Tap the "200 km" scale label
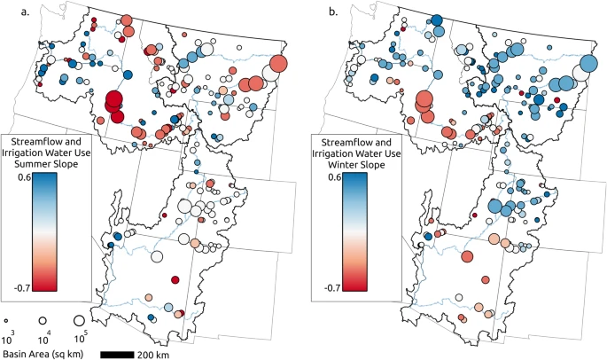pos(152,353)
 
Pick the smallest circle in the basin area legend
pos(6,320)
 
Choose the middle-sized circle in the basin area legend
pos(41,319)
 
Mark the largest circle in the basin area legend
pos(78,318)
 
